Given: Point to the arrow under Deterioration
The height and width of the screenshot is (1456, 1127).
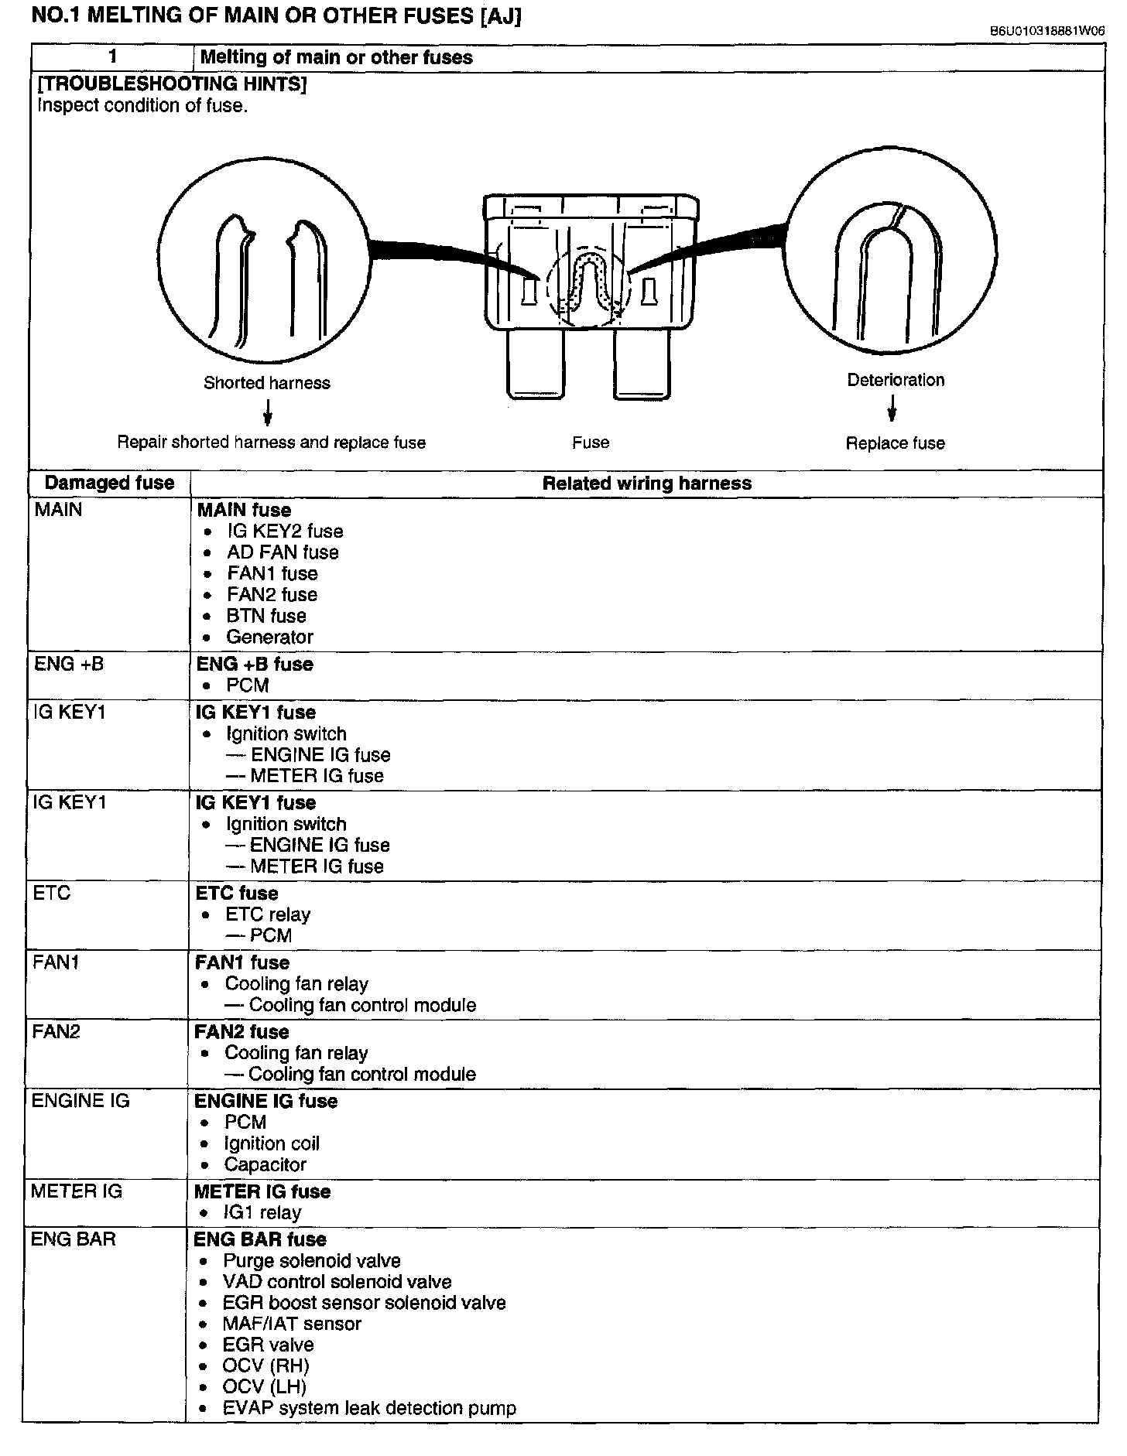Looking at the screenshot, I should [892, 408].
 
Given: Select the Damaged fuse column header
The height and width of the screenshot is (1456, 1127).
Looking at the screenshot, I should [109, 484].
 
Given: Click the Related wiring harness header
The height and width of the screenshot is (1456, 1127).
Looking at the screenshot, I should [646, 484].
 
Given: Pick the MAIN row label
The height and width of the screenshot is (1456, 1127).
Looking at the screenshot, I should [58, 510].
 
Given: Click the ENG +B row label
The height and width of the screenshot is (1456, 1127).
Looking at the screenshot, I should [68, 664].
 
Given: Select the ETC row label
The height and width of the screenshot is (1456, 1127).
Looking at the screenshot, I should [52, 893].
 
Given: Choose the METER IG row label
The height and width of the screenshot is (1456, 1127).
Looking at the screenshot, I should [77, 1191].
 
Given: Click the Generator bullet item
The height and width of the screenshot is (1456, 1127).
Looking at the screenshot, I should [269, 637].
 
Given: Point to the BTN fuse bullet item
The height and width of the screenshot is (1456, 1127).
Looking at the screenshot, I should [266, 617].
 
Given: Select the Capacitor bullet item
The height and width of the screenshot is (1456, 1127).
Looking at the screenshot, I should [265, 1164].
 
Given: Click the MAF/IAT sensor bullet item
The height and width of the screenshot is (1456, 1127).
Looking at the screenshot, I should [292, 1324].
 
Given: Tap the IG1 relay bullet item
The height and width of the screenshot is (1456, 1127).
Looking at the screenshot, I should [262, 1213].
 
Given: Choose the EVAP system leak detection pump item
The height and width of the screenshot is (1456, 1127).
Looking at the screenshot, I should [369, 1408].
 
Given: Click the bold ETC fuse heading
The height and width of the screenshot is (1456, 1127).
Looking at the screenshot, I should [237, 894].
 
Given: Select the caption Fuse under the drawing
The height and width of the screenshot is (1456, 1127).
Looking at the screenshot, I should [591, 443].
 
